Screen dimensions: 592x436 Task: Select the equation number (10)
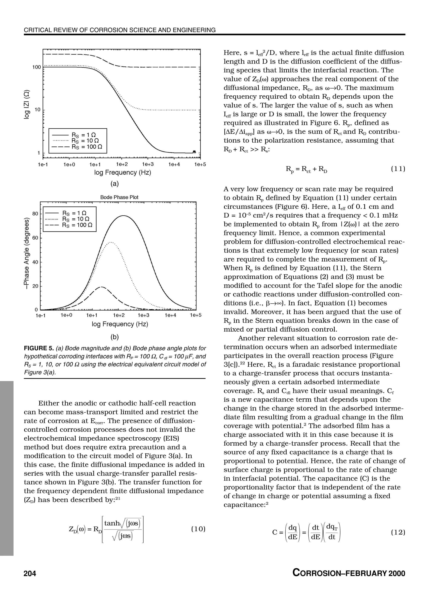pyautogui.click(x=198, y=529)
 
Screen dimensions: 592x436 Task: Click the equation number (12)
pyautogui.click(x=398, y=532)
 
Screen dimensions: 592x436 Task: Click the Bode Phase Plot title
pyautogui.click(x=119, y=197)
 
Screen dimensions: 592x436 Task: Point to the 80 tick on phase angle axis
pyautogui.click(x=35, y=213)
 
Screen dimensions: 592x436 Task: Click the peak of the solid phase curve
pyautogui.click(x=123, y=216)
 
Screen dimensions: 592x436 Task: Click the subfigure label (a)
pyautogui.click(x=115, y=184)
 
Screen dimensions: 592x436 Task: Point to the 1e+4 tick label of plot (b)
pyautogui.click(x=171, y=315)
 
